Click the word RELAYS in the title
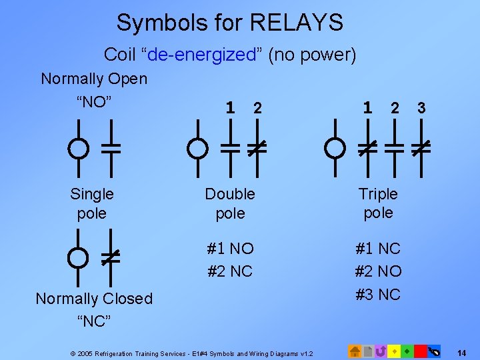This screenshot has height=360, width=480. (x=296, y=23)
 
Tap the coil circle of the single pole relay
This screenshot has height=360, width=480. (x=79, y=147)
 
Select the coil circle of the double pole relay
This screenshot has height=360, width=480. (x=197, y=147)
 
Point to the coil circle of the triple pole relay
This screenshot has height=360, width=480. (x=335, y=147)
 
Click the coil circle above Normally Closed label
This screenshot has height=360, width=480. (x=79, y=257)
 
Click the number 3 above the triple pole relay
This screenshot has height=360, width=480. (x=421, y=108)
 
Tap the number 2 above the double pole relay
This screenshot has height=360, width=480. (x=257, y=108)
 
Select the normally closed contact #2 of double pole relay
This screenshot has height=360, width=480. (x=254, y=147)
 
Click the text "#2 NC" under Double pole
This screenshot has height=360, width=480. (x=230, y=271)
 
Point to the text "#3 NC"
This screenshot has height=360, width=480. (x=378, y=295)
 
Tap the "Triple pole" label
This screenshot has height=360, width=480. (x=378, y=203)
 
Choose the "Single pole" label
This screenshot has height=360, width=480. (x=92, y=203)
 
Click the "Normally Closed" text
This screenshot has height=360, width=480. (x=94, y=299)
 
